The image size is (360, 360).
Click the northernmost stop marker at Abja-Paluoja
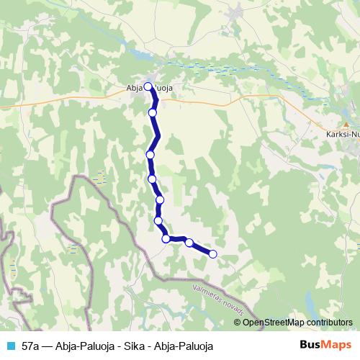tap(148, 86)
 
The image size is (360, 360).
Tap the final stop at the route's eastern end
tap(212, 253)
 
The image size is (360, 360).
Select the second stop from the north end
tap(153, 112)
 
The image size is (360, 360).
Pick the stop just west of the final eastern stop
tap(189, 243)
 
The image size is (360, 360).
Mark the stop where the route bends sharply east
tap(166, 238)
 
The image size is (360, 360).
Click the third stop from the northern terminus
tap(150, 154)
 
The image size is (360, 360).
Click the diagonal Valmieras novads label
tap(219, 300)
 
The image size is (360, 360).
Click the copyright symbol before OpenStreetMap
tap(238, 323)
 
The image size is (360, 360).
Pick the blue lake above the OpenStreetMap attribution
tap(310, 301)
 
